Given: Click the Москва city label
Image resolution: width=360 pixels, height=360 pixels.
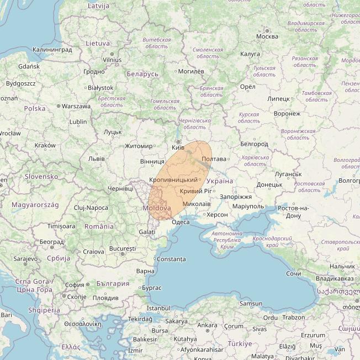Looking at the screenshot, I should tap(267, 37).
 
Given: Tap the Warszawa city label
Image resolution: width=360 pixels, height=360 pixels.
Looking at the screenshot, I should tap(76, 106).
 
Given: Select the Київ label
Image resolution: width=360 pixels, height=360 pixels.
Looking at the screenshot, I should tap(178, 148).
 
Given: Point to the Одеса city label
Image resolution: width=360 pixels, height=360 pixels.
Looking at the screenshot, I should tap(181, 222).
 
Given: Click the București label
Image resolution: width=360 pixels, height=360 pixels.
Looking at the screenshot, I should tap(123, 249).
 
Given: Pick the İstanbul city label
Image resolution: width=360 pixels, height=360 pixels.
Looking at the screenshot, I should tap(158, 308).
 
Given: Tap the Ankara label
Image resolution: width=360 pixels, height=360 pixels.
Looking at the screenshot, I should tap(207, 325).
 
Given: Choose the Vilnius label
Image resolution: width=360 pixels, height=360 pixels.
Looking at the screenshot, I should tap(112, 60).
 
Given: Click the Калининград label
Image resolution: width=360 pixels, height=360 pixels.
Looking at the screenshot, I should tap(52, 50).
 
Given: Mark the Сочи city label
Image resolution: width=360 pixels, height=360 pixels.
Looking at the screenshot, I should tap(294, 274).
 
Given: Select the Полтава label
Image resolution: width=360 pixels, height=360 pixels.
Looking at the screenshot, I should tap(214, 159).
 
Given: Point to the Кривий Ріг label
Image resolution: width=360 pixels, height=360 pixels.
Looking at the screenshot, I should tap(195, 191).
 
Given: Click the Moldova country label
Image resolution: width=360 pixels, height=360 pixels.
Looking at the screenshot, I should tap(156, 208).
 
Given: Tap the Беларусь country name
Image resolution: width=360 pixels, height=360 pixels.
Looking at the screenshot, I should tap(142, 74).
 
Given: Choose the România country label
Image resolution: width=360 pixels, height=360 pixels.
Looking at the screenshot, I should tap(99, 226).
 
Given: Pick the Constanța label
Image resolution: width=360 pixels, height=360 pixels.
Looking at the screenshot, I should tap(172, 259).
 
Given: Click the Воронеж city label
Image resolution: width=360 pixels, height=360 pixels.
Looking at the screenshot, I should tap(287, 114).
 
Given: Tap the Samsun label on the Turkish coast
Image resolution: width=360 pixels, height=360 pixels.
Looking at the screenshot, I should tap(251, 304).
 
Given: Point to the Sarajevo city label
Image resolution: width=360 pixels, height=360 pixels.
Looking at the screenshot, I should tap(26, 258).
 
